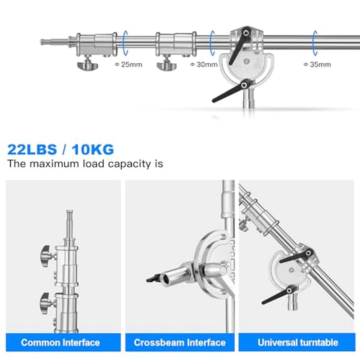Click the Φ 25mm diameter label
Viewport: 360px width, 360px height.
(128, 65)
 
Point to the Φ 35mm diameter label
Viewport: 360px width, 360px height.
(317, 65)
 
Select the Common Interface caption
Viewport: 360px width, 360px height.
(61, 342)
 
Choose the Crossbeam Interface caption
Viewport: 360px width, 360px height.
(179, 342)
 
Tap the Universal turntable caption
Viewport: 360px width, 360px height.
(298, 342)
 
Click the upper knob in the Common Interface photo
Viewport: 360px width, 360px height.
(45, 254)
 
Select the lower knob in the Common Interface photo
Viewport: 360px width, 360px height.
(45, 299)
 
